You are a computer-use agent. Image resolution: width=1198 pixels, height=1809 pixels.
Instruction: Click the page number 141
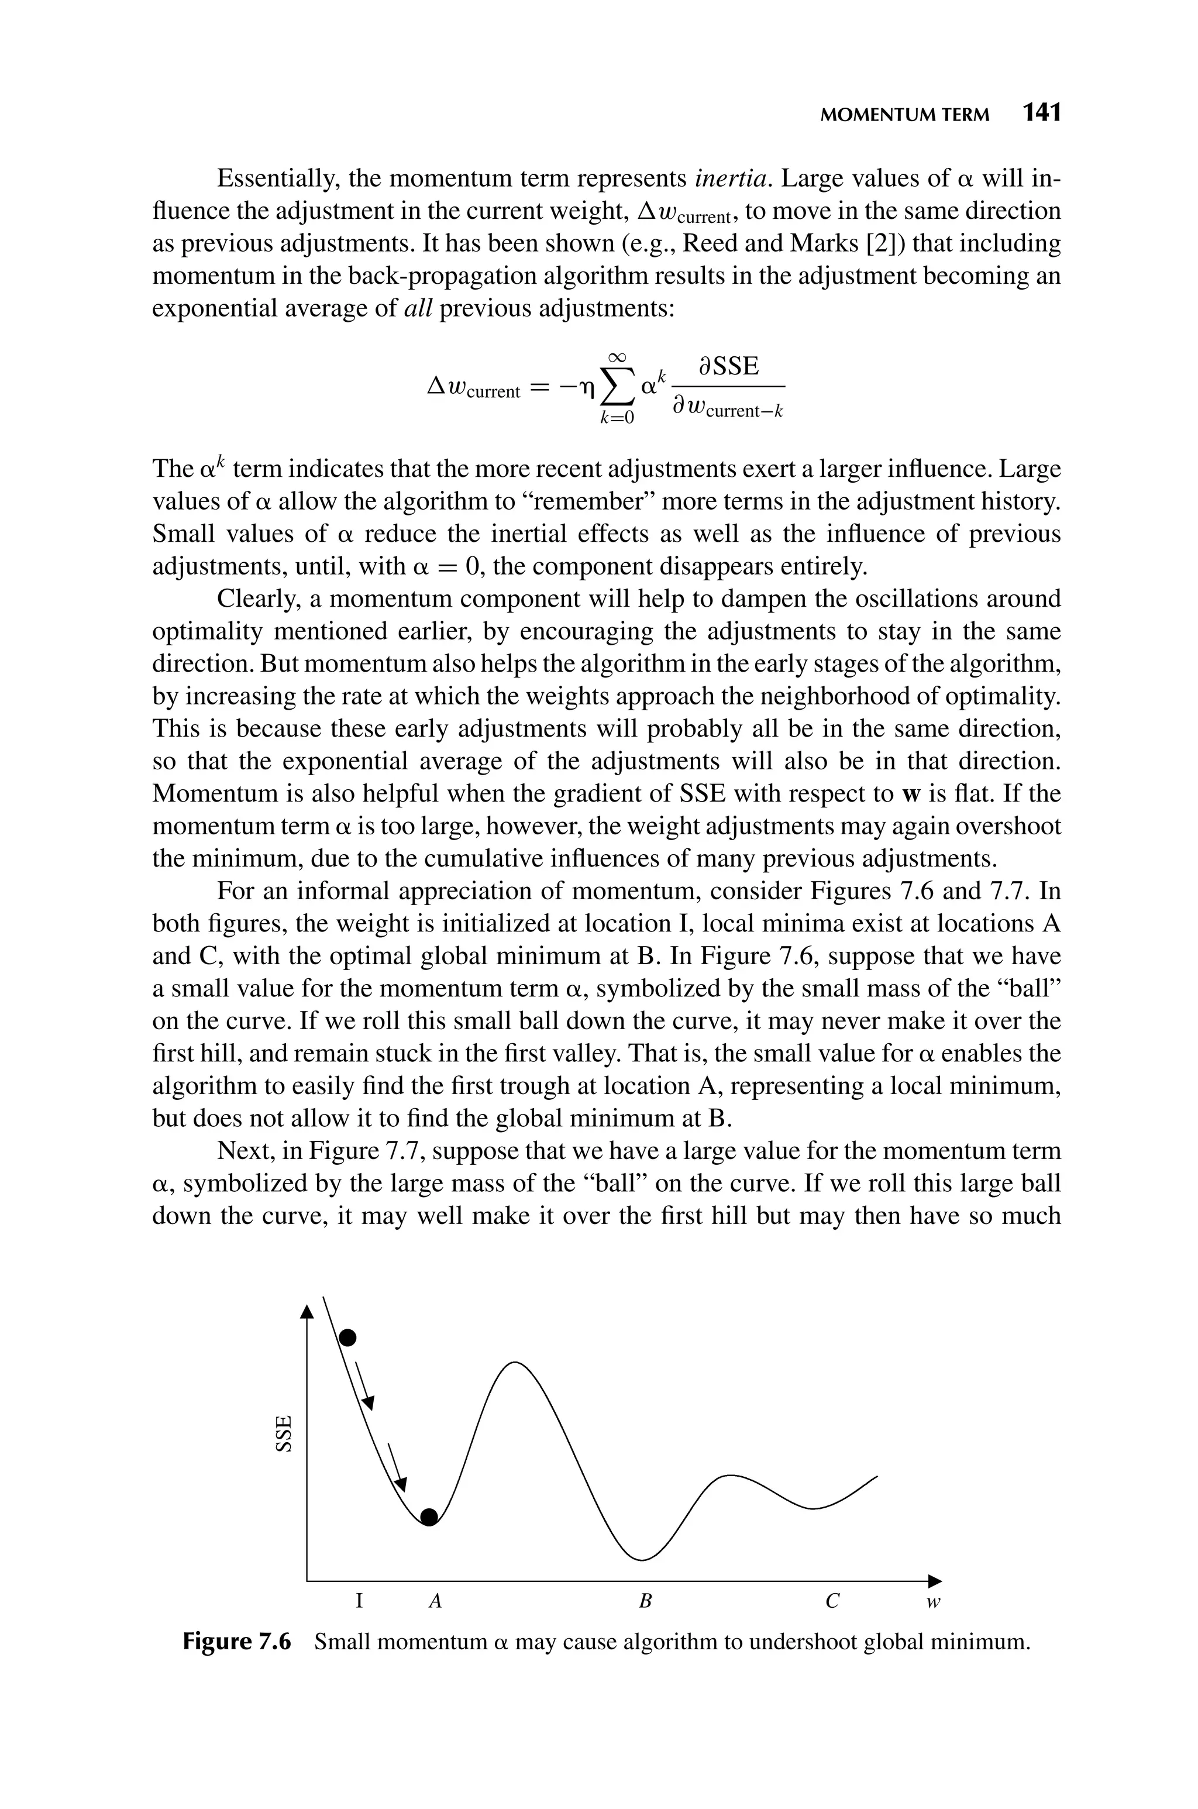click(1041, 113)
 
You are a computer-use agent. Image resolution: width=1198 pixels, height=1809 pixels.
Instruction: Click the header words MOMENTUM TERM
click(904, 115)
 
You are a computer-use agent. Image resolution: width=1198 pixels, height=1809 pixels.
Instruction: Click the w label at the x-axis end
click(932, 1602)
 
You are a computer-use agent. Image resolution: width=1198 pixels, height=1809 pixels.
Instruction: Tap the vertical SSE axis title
click(284, 1434)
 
